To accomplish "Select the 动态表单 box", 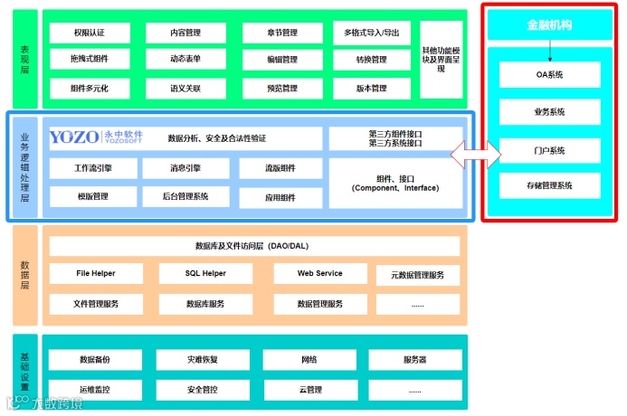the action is pyautogui.click(x=185, y=60).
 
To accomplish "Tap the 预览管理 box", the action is pyautogui.click(x=282, y=89).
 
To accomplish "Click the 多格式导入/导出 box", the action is pyautogui.click(x=371, y=33).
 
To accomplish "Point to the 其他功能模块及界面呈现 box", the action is pyautogui.click(x=441, y=59).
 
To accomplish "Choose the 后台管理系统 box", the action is pyautogui.click(x=185, y=196).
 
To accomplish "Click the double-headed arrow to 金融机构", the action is pyautogui.click(x=476, y=153).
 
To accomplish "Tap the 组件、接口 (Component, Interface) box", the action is pyautogui.click(x=394, y=184).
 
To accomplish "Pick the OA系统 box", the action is pyautogui.click(x=549, y=74).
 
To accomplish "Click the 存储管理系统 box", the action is pyautogui.click(x=549, y=186).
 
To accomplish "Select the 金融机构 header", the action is pyautogui.click(x=549, y=26).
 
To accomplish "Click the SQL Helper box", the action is pyautogui.click(x=193, y=273).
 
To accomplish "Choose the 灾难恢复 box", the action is pyautogui.click(x=203, y=360).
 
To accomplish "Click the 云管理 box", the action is pyautogui.click(x=310, y=390).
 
